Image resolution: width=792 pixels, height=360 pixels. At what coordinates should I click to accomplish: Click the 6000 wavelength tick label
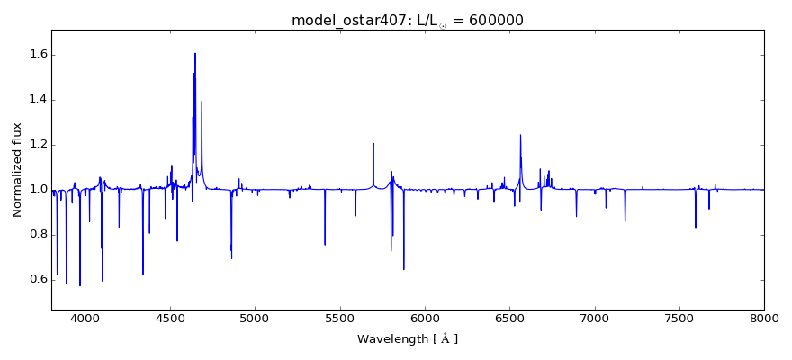(425, 318)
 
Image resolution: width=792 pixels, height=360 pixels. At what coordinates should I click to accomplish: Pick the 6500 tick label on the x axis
(509, 318)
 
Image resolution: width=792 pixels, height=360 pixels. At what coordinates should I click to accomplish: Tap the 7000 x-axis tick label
(595, 318)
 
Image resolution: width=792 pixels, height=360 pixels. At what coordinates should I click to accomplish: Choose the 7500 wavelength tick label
(679, 318)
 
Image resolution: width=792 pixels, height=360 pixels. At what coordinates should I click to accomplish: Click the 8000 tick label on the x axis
(764, 318)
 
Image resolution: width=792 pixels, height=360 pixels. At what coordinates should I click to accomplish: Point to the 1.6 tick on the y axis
(39, 55)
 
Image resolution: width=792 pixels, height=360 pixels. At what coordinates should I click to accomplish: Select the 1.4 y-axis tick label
(39, 100)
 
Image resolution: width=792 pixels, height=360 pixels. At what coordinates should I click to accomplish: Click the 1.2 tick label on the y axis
(39, 145)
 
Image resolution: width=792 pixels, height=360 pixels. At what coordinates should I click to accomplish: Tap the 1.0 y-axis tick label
(39, 190)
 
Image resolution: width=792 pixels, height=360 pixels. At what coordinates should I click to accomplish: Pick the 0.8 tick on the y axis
(39, 235)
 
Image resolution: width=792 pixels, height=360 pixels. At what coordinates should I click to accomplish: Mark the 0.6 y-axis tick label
(39, 280)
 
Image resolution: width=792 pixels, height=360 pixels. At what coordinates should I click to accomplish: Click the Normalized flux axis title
(17, 170)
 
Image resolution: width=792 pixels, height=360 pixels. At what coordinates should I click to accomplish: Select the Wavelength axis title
(408, 339)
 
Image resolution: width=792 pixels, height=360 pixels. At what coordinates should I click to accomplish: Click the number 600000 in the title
(494, 20)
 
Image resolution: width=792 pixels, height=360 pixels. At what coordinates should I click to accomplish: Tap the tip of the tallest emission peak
(194, 53)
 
